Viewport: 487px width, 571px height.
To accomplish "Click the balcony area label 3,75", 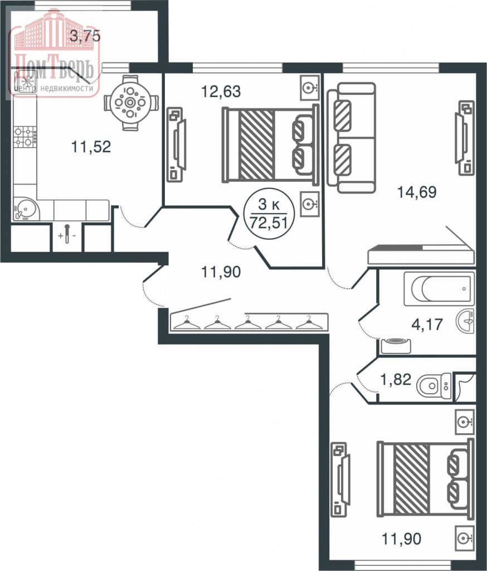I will point(85,37).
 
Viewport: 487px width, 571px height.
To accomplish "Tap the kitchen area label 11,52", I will point(91,147).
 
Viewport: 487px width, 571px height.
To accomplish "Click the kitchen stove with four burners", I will point(25,137).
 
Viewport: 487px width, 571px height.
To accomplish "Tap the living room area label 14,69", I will point(416,192).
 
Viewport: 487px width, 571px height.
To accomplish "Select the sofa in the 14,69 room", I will point(351,138).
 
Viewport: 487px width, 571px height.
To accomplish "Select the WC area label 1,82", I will point(396,380).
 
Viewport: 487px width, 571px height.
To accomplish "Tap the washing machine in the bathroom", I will point(395,345).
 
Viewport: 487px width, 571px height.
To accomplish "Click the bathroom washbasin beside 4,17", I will point(466,321).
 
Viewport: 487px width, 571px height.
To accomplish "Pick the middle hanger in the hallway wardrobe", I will point(249,322).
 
